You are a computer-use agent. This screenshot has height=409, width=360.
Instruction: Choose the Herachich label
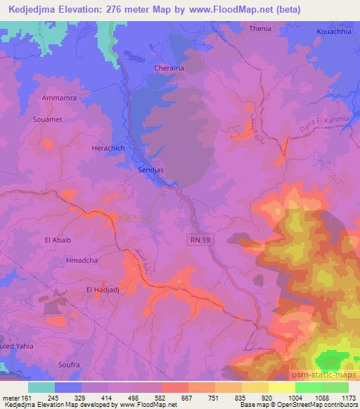point(108,148)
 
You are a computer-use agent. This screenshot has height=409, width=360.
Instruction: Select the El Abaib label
point(58,239)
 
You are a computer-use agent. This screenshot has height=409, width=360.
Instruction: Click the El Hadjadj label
point(101,288)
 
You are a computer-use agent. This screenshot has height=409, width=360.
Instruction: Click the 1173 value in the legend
point(349,397)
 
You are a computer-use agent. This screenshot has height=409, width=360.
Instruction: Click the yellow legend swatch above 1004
point(281,387)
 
